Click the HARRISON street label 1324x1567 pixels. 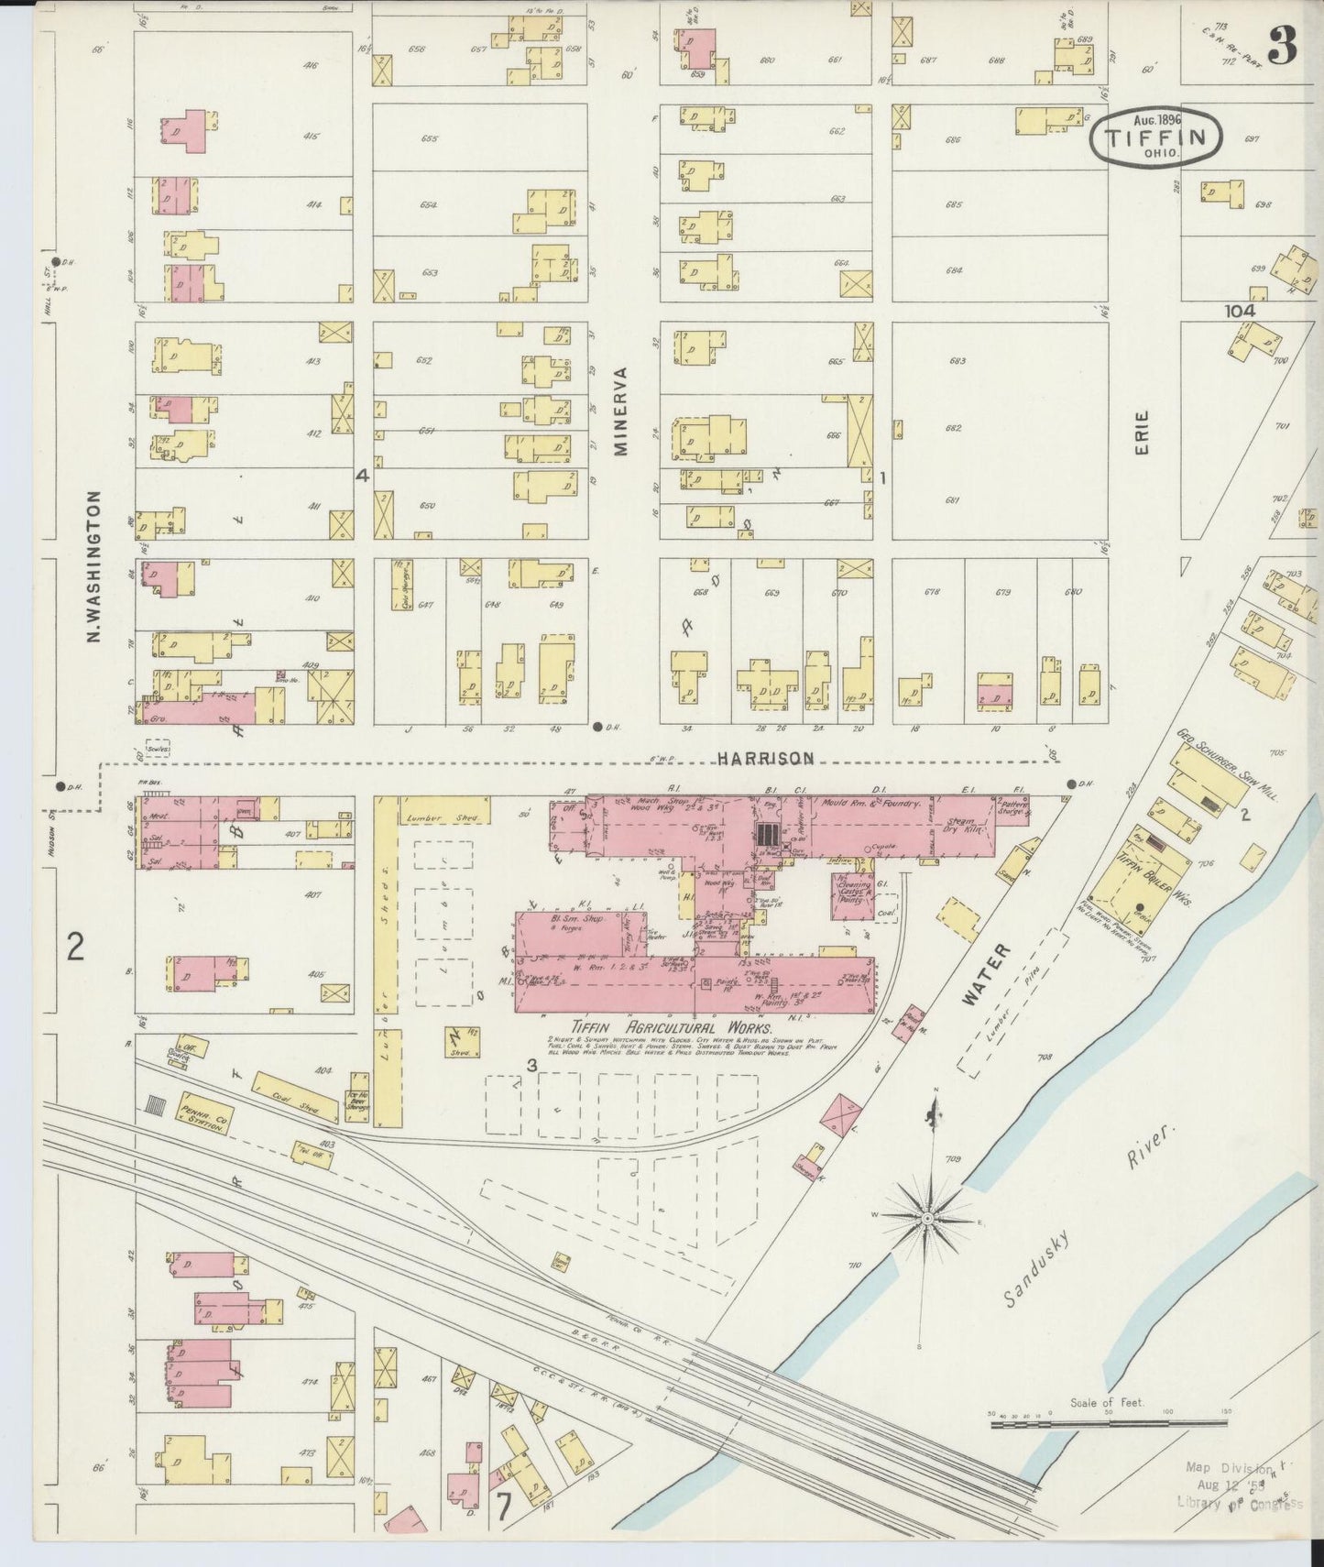(765, 758)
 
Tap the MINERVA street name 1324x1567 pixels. (622, 411)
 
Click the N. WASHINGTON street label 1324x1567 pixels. (94, 566)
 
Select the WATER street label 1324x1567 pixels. (984, 976)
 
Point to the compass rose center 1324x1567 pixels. (927, 1218)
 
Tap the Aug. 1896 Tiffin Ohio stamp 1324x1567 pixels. (1157, 137)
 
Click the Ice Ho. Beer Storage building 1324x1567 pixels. (357, 1097)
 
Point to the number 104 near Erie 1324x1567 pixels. (1239, 311)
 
